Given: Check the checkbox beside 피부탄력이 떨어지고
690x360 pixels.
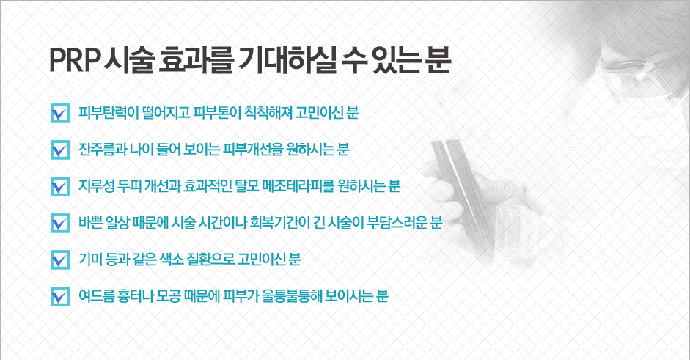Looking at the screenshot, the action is coord(60,113).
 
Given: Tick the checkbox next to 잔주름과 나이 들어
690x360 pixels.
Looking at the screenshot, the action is coord(60,150).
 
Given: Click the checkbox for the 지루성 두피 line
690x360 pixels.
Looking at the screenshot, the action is coord(60,186).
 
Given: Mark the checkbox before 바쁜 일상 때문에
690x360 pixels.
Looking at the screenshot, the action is coord(60,223).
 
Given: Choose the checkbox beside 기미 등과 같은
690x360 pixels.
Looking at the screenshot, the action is coord(60,260).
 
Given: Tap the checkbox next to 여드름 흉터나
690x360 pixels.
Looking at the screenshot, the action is coord(60,296).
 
